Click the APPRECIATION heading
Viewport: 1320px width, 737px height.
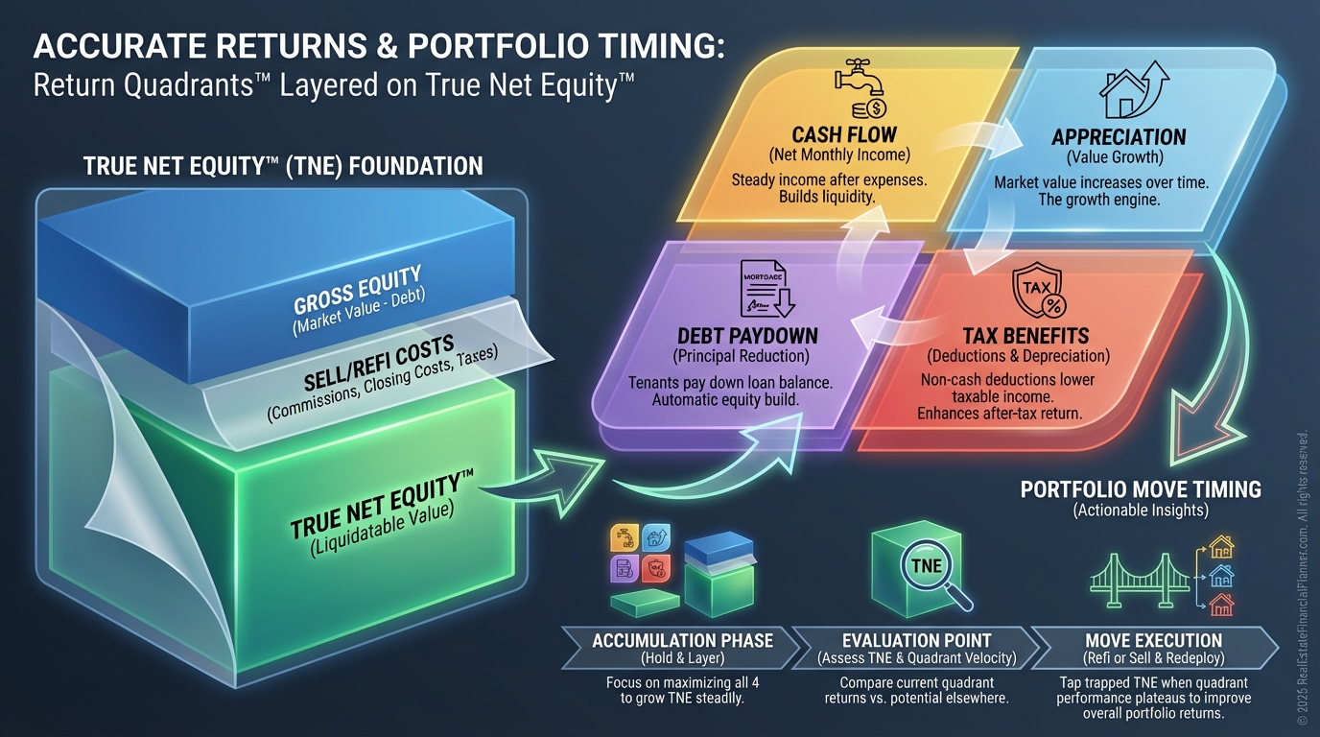pos(1119,136)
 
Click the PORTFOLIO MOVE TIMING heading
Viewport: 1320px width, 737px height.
pos(1141,489)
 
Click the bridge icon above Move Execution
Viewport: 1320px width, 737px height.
pos(1141,580)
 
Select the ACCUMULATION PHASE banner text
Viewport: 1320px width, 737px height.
pos(682,640)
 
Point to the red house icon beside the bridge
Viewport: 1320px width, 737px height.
pos(1221,606)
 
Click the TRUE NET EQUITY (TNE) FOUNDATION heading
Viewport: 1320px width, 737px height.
pos(283,166)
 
